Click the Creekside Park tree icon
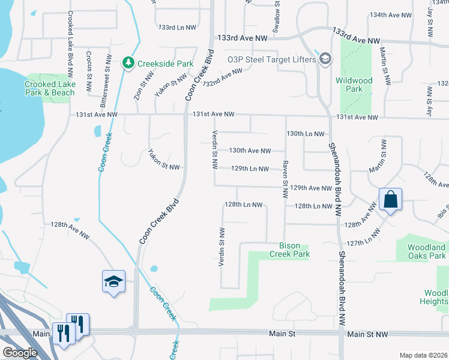[x=128, y=62]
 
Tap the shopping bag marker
[x=390, y=199]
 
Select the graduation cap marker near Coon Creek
[x=113, y=281]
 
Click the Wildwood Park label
[x=354, y=85]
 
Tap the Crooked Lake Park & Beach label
[x=50, y=89]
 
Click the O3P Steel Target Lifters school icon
[x=325, y=59]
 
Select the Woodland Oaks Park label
[x=427, y=251]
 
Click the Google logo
[x=20, y=353]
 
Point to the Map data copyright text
[x=424, y=355]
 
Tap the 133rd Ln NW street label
[x=177, y=28]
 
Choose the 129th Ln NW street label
[x=250, y=169]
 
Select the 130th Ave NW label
[x=250, y=151]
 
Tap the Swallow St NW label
[x=277, y=17]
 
